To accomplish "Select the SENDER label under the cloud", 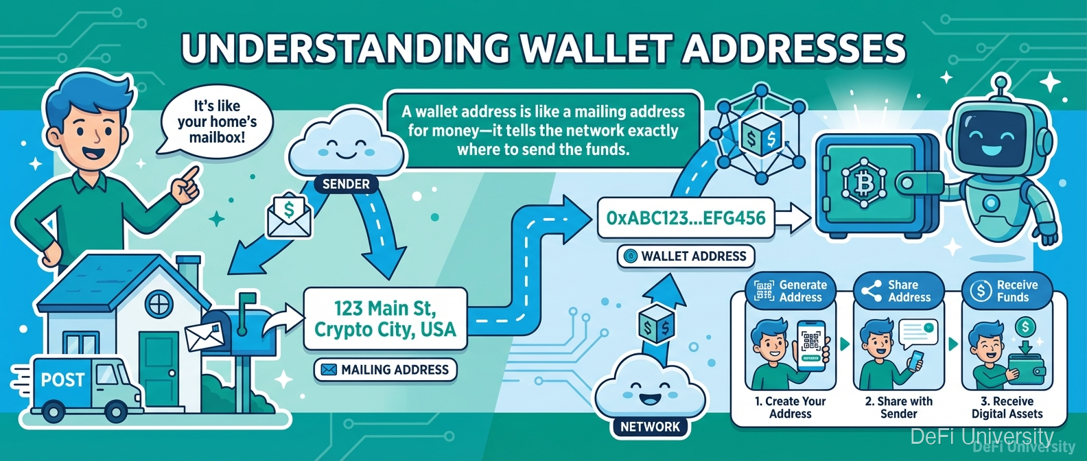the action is point(346,184).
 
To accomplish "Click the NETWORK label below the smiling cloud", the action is point(651,427).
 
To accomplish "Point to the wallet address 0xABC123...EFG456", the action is point(686,218).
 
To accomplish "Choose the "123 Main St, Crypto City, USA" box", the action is point(385,319).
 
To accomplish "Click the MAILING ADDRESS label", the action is point(385,370).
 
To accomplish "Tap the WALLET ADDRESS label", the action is point(686,256).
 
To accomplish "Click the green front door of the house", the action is point(159,369).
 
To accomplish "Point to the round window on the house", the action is point(159,305).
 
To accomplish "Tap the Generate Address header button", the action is point(791,291).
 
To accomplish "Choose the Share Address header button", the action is point(898,291).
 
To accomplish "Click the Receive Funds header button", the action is point(1007,291).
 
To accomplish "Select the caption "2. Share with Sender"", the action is point(899,407).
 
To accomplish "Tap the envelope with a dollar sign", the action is point(289,216).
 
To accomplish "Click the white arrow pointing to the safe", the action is point(793,218).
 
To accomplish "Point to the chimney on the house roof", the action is point(188,274).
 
